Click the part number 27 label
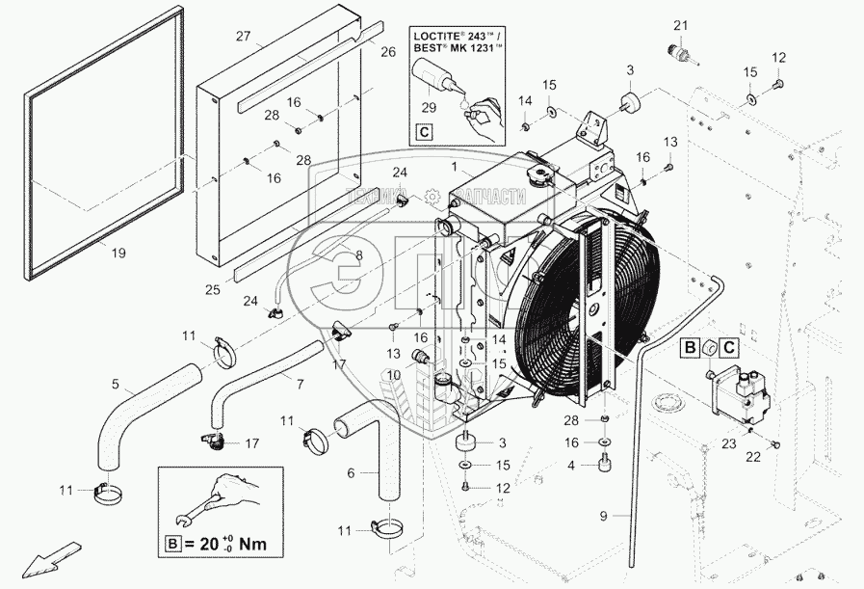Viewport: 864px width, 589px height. [x=243, y=38]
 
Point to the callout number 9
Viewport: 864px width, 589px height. [x=603, y=517]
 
